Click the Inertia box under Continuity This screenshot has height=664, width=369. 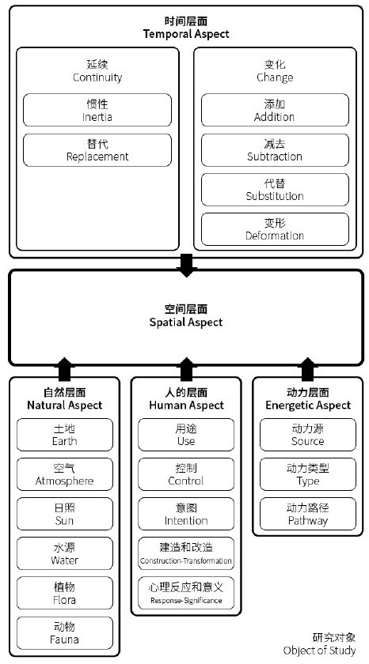[x=97, y=110]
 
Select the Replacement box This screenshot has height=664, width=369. [x=97, y=149]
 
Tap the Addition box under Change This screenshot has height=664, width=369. [x=274, y=110]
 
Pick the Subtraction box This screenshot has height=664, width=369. [x=274, y=149]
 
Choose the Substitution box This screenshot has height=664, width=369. [x=274, y=189]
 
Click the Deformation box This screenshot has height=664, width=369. [x=274, y=228]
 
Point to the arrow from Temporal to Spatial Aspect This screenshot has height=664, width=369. [x=186, y=264]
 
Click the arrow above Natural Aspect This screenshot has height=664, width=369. [x=64, y=368]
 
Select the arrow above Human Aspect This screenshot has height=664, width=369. [x=186, y=368]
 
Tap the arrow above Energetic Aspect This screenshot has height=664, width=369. [x=308, y=368]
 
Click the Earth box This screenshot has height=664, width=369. [x=64, y=435]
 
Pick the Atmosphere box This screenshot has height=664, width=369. [x=64, y=474]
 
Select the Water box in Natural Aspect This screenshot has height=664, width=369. [x=64, y=553]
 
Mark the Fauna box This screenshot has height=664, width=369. [x=64, y=632]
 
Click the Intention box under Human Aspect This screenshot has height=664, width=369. [x=186, y=514]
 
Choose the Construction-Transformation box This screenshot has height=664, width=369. [x=186, y=553]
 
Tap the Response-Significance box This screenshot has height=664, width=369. [x=186, y=593]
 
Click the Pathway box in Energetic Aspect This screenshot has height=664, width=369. [x=308, y=514]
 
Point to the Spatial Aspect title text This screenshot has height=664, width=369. [x=186, y=315]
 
